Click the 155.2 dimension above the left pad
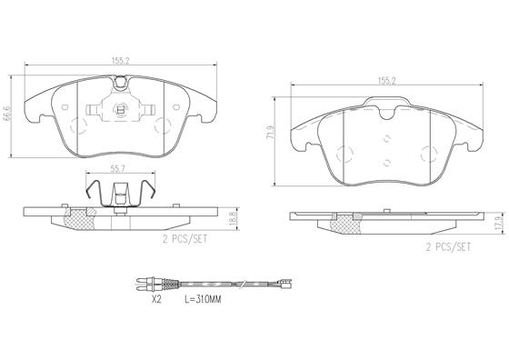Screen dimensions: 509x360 [x=120, y=61]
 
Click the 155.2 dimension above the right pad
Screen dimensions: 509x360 [x=386, y=81]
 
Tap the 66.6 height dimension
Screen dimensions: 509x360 [x=6, y=114]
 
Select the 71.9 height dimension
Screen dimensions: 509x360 [x=270, y=133]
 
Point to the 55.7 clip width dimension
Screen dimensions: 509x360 [x=118, y=168]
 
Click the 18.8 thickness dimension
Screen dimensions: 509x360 [x=232, y=218]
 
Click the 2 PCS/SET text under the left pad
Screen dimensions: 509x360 [x=185, y=240]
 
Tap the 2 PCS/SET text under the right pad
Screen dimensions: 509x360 [x=448, y=247]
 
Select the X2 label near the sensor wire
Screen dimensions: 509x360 [x=156, y=299]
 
